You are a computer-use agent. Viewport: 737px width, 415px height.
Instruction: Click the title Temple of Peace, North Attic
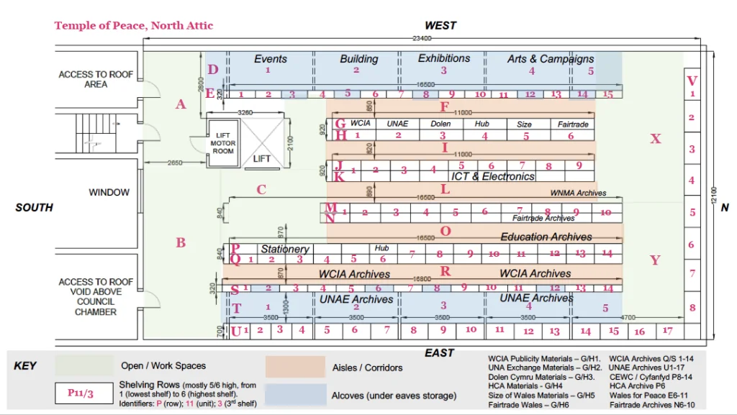(134, 26)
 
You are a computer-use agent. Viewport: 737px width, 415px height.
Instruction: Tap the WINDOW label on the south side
(109, 193)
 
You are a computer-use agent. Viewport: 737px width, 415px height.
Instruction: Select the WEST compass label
(440, 26)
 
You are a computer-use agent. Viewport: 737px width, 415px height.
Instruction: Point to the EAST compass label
(439, 352)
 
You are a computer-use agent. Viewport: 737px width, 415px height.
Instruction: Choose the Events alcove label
(271, 59)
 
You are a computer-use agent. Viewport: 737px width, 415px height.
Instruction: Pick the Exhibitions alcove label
(444, 58)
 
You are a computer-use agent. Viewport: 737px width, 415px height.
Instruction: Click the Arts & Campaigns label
(551, 59)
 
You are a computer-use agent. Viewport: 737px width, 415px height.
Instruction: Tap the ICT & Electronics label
(492, 176)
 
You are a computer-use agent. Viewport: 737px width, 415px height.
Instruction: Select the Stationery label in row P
(285, 249)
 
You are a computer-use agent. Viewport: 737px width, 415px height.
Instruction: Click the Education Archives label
(546, 237)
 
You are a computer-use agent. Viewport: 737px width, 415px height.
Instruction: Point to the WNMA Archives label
(578, 193)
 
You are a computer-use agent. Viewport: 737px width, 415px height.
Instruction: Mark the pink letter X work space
(655, 139)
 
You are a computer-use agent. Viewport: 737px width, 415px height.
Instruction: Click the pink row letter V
(692, 81)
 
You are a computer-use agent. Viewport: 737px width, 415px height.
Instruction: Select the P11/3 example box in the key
(85, 393)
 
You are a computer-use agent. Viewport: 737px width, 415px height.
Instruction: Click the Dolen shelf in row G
(440, 124)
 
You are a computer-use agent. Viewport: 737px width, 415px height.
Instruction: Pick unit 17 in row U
(668, 331)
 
